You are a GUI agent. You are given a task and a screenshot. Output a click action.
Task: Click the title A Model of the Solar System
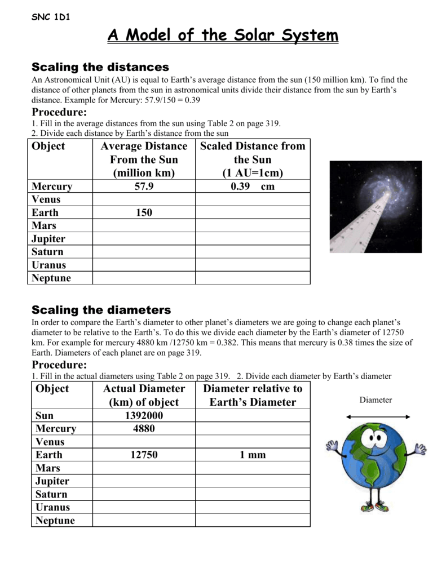click(223, 36)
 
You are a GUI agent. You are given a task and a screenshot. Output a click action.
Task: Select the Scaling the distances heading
click(100, 68)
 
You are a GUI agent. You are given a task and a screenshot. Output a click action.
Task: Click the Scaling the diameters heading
click(101, 310)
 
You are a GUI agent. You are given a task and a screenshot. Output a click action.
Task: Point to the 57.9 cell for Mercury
click(144, 187)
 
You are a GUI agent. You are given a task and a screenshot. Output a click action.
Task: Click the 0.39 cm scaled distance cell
click(252, 187)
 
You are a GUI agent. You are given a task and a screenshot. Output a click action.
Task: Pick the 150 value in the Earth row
click(144, 213)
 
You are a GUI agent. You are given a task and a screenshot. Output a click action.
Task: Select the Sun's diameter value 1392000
click(144, 416)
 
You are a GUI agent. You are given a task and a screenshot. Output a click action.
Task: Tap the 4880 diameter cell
click(144, 429)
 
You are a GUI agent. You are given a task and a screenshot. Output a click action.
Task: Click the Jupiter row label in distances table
click(48, 239)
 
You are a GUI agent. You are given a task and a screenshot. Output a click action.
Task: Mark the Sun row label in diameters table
click(45, 416)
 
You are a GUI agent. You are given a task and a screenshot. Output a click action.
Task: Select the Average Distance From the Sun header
click(144, 159)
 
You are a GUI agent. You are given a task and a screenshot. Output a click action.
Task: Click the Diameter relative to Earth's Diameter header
click(252, 396)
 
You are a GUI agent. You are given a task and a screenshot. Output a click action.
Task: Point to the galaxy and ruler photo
click(376, 207)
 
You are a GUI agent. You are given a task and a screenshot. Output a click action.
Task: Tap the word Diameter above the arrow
click(376, 400)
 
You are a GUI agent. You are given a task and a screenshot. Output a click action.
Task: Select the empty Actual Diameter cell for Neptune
click(144, 521)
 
